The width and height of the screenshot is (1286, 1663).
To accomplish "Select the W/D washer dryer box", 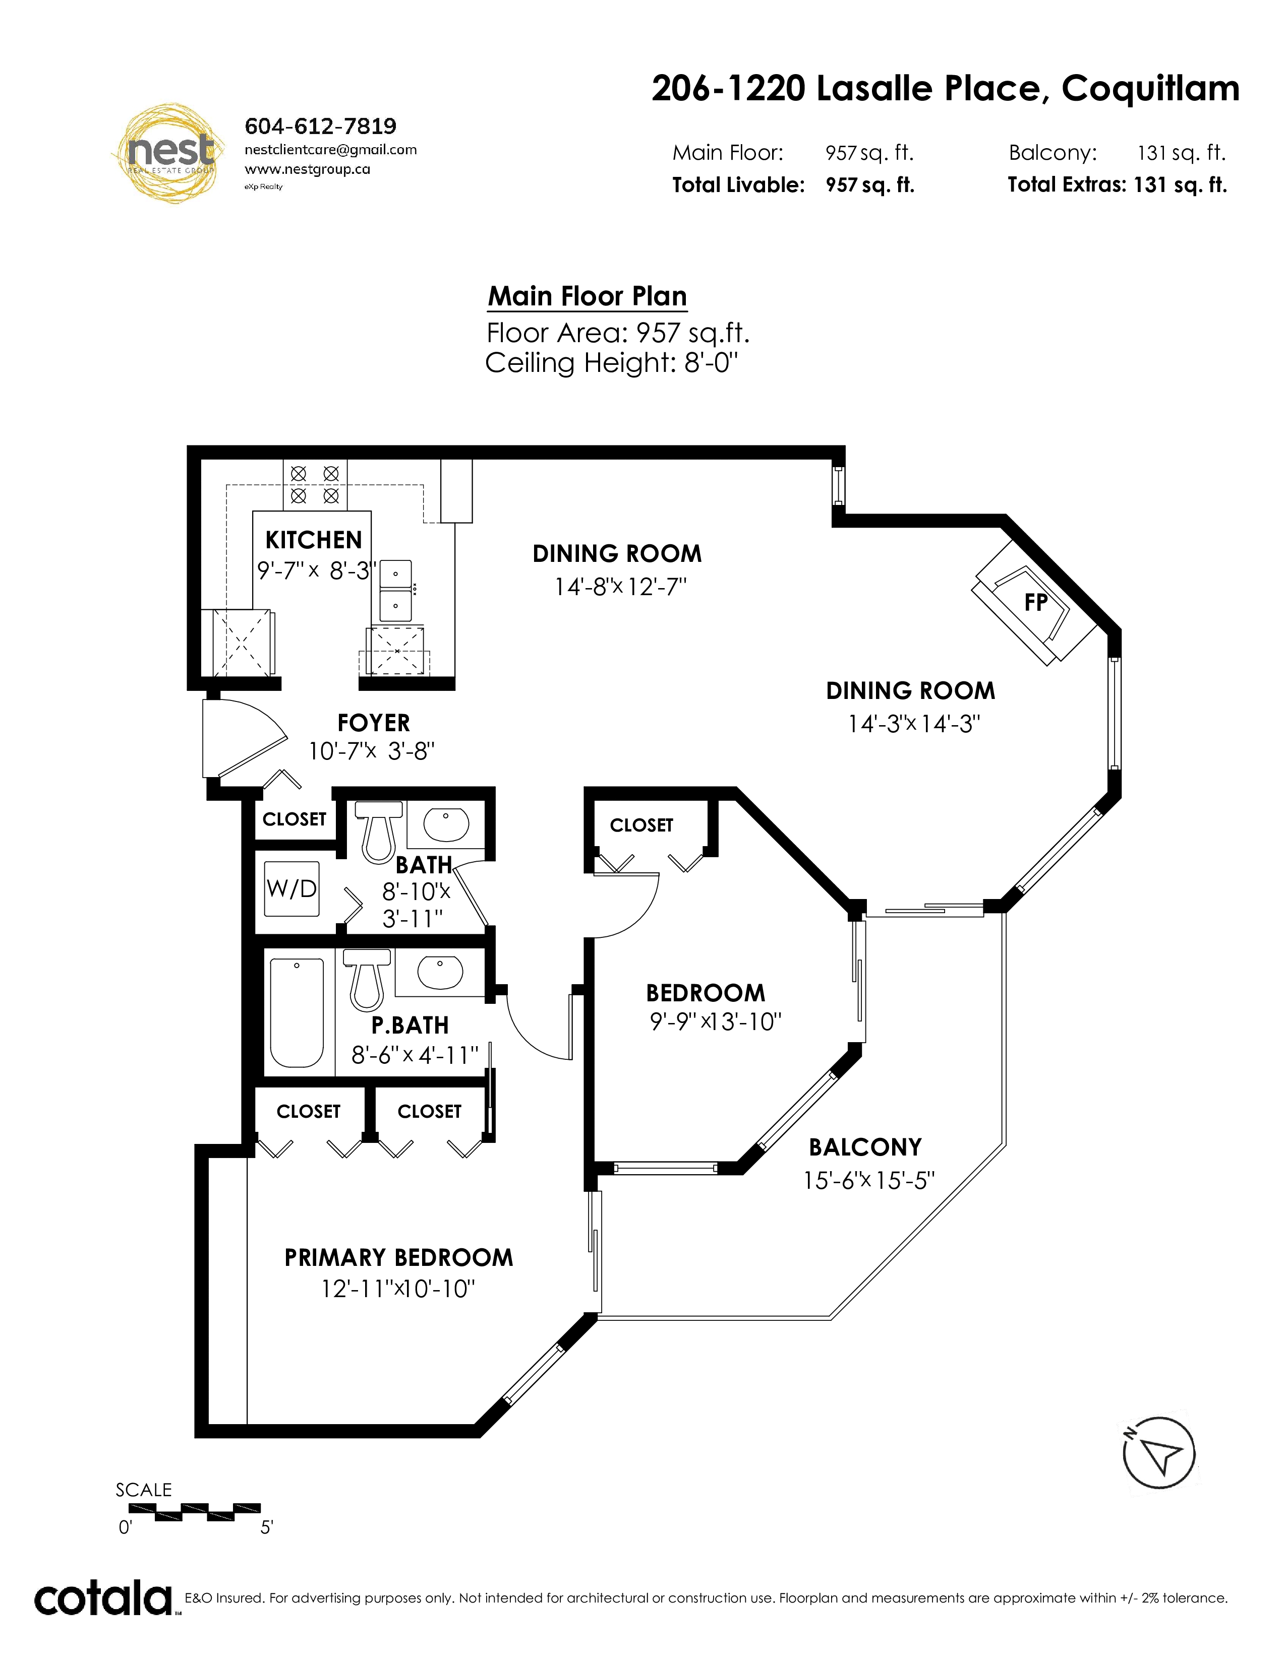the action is coord(291,888).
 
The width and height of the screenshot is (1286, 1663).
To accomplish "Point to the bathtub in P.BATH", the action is coord(297,1013).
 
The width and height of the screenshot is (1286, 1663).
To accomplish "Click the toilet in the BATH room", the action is coord(379,831).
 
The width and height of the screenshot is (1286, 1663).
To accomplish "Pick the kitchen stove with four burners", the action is coord(315,484).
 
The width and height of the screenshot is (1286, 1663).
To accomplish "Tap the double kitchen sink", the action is coord(395,590).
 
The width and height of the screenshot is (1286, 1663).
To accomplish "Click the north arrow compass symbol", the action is coord(1159,1453).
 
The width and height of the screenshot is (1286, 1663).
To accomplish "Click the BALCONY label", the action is coord(865,1147).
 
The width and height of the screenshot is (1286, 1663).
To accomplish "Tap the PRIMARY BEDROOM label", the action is coord(398,1257).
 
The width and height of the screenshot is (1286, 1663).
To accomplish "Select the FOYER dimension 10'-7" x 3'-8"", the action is coord(371,751).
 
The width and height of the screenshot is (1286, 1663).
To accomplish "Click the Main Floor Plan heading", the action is coord(588,296).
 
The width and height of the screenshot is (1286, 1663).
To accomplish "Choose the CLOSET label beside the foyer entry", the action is coord(294,819).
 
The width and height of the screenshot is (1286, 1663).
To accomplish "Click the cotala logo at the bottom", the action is coord(103,1601).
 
